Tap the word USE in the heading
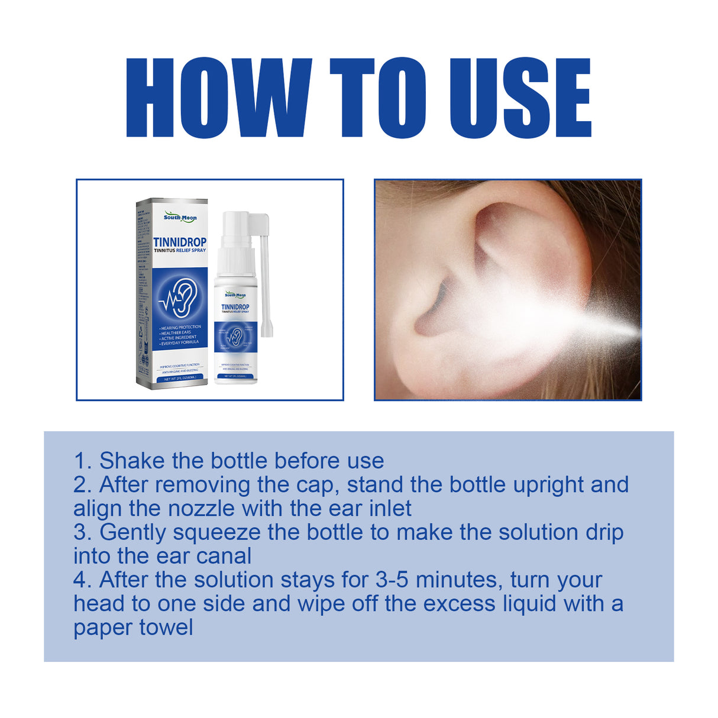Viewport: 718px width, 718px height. pos(520,98)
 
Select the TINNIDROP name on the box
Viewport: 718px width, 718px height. pos(180,242)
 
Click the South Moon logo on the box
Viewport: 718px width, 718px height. pos(180,218)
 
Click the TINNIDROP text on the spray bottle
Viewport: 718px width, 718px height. pos(235,307)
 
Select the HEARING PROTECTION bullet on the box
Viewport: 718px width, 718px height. pos(181,327)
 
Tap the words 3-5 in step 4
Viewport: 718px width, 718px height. pos(393,580)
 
